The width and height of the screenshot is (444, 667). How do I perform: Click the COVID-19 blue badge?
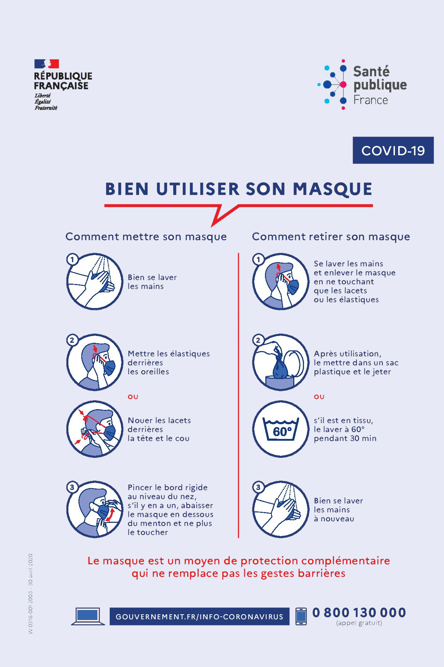(x=393, y=150)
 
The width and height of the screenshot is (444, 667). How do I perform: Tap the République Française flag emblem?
(x=47, y=64)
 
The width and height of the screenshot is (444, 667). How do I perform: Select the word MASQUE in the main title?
(x=333, y=189)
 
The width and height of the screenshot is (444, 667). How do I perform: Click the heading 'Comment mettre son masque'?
(x=146, y=237)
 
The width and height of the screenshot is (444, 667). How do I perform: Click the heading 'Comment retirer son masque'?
(x=331, y=237)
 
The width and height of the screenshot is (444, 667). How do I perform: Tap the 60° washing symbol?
(x=281, y=429)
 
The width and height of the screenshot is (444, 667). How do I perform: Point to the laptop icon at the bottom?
(x=88, y=616)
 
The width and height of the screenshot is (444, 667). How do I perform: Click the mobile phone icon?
(x=301, y=616)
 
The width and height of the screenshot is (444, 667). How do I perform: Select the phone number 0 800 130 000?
(x=359, y=612)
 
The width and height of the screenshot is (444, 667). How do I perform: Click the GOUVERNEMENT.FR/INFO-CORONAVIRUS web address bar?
(x=199, y=616)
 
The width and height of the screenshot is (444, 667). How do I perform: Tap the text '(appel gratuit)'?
(x=359, y=623)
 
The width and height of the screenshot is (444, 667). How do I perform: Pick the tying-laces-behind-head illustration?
(x=95, y=429)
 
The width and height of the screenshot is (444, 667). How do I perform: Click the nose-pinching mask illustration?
(x=95, y=509)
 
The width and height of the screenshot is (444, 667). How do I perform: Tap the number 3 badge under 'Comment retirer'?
(x=258, y=487)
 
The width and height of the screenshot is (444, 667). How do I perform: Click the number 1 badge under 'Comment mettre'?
(x=72, y=259)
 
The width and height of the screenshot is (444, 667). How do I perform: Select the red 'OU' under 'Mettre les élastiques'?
(x=133, y=397)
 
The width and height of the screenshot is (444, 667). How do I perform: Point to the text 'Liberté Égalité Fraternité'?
(x=46, y=101)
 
